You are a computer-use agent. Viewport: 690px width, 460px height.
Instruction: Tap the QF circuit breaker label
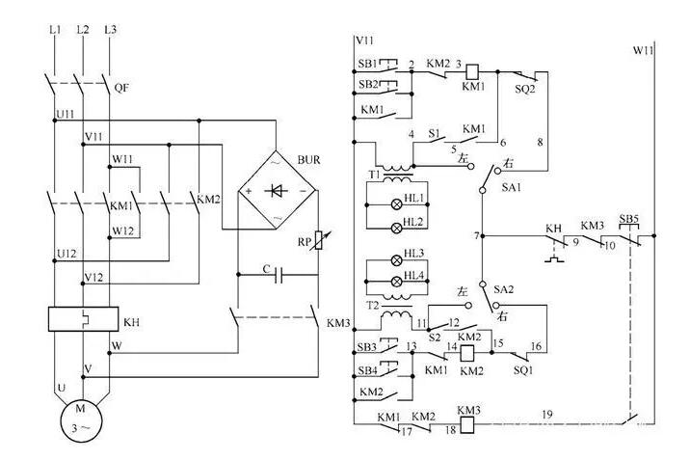121,86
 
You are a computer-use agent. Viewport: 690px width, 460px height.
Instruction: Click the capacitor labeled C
279,276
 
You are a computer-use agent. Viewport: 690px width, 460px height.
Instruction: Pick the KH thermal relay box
79,319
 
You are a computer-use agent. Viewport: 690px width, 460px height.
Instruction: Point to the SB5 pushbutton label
628,219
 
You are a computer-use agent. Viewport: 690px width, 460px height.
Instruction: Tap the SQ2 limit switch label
526,86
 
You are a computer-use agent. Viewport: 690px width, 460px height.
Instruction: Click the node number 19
546,415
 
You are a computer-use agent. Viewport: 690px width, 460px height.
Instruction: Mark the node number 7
476,235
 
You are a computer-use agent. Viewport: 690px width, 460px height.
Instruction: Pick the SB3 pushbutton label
366,346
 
